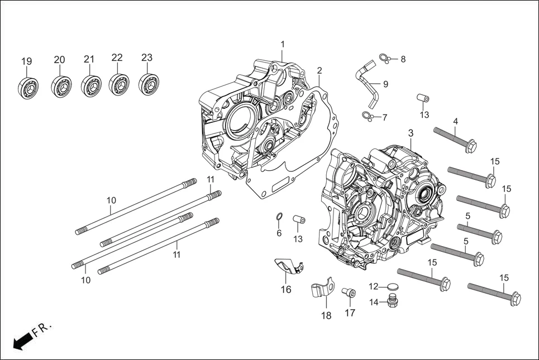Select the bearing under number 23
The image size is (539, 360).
148,84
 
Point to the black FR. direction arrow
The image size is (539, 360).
22,341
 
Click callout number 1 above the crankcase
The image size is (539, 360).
283,44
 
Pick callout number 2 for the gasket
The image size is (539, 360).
319,70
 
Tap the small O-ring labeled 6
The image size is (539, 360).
279,217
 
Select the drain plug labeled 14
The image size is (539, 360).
393,303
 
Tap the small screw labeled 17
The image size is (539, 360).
349,292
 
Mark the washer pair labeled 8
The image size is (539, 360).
384,57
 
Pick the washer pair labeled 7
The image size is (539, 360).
366,116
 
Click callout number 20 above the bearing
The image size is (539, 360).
60,60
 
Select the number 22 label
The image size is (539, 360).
117,57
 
